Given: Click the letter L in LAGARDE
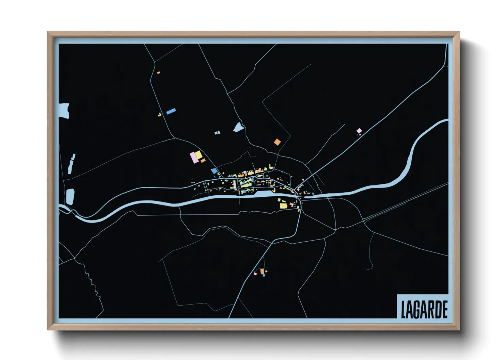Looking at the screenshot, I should click(x=404, y=310).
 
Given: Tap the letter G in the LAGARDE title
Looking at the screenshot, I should click(x=418, y=310).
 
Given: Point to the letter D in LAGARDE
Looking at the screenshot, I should click(x=438, y=310).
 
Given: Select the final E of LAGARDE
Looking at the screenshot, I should click(x=444, y=310).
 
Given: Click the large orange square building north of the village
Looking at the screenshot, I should click(x=278, y=142).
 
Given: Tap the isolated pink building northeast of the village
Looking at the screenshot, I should click(x=359, y=131).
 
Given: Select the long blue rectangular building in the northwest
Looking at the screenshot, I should click(x=171, y=111).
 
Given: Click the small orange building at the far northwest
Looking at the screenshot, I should click(x=158, y=72).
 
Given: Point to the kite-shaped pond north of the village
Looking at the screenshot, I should click(x=238, y=127).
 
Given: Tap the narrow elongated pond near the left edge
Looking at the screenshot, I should click(x=72, y=163).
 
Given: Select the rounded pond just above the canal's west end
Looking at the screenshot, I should click(x=70, y=197).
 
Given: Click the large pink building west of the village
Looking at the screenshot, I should click(x=194, y=158).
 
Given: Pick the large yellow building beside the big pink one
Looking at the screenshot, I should click(x=199, y=155).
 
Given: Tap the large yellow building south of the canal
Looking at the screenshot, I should click(x=283, y=206).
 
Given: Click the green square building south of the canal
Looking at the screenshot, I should click(x=279, y=200).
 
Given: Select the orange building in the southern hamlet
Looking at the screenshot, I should click(x=262, y=271).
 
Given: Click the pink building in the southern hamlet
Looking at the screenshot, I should click(x=255, y=274).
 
